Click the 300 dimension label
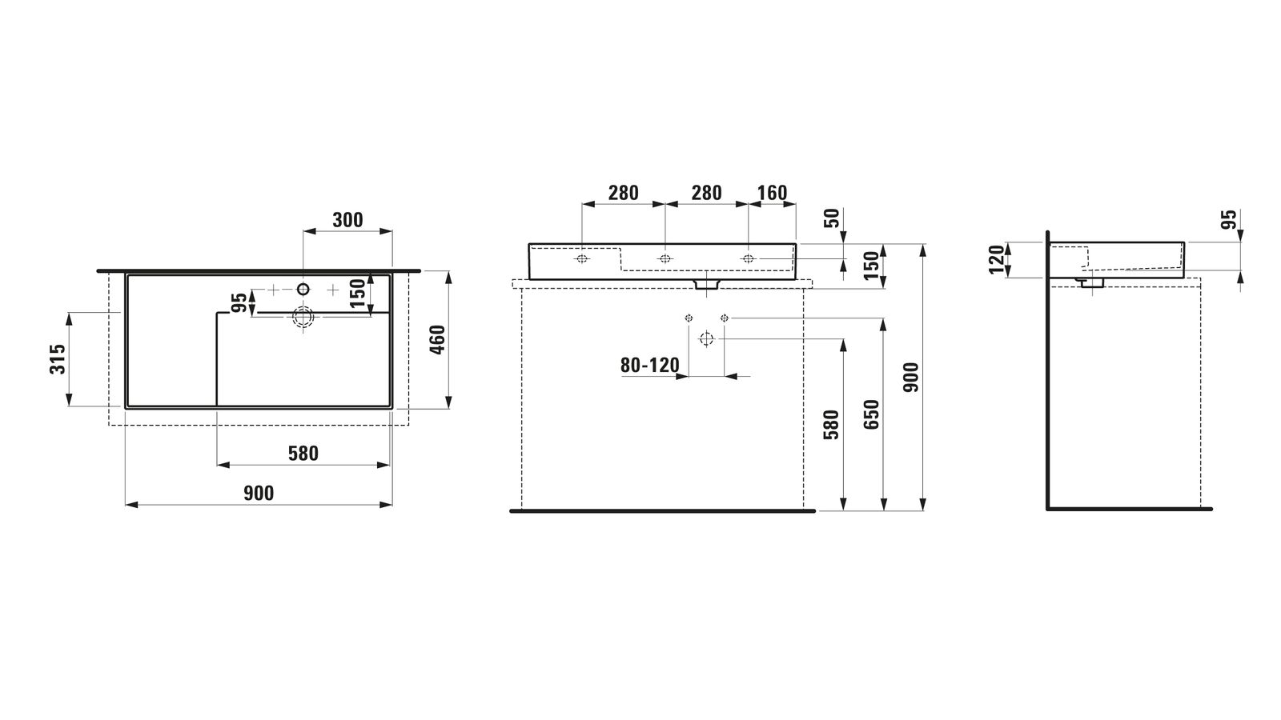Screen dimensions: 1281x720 (347, 220)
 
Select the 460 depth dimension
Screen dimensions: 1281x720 (437, 339)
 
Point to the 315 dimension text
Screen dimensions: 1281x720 (58, 359)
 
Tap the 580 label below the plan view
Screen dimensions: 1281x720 (303, 454)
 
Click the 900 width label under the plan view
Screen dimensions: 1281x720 (259, 493)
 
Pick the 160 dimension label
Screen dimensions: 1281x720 (772, 193)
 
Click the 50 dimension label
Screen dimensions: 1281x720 (832, 218)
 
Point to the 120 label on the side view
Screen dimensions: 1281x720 (997, 259)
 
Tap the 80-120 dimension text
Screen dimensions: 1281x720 (650, 365)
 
